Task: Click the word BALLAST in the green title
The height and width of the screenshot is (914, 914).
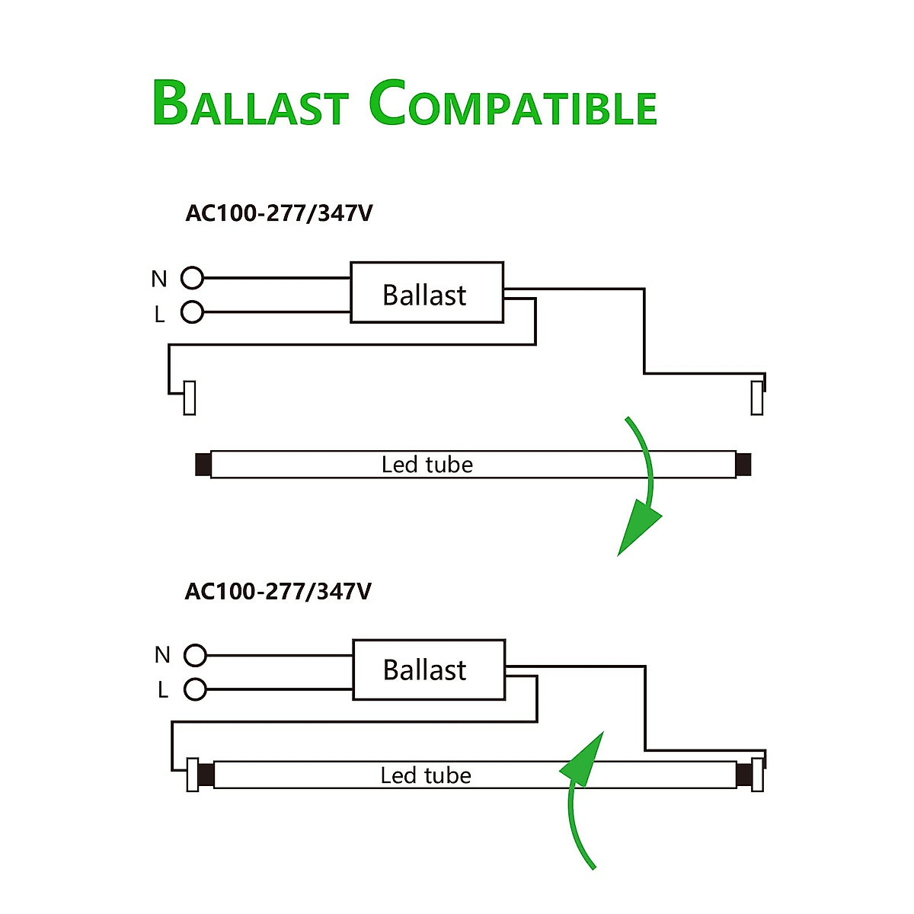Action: (251, 104)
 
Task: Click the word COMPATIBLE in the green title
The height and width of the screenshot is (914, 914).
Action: (513, 104)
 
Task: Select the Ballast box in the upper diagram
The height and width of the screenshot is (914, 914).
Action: (427, 292)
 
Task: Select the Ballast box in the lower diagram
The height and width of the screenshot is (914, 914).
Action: (429, 670)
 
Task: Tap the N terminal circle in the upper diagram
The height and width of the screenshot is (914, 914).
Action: (192, 278)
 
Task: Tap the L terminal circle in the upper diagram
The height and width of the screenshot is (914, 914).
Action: (192, 312)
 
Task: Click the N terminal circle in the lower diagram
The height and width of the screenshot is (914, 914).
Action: (195, 655)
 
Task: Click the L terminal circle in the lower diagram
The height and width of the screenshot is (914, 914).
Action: (195, 689)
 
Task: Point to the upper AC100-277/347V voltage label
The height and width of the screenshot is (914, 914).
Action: (279, 213)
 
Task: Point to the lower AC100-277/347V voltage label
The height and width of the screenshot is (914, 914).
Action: (278, 591)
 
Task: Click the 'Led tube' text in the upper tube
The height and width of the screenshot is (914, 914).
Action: (427, 465)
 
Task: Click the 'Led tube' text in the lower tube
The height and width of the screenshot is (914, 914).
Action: (426, 775)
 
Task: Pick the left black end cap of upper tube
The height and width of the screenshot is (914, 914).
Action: (203, 465)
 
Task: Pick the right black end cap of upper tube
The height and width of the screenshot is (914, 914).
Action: (743, 465)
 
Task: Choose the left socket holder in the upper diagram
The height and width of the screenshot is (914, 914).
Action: (190, 398)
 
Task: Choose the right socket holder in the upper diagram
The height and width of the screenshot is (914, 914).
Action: (756, 398)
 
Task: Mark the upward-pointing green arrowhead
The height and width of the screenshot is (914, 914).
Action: (585, 761)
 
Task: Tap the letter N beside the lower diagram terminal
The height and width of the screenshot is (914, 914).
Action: (162, 655)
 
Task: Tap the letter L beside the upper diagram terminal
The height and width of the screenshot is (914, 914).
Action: (159, 314)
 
